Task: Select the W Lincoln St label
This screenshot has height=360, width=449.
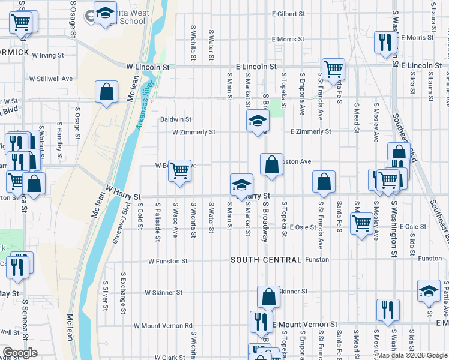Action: [x=148, y=67]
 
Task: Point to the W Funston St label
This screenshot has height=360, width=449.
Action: [x=167, y=262]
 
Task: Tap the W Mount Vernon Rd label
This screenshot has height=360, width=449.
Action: [x=163, y=326]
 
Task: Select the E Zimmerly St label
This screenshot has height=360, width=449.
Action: [x=310, y=131]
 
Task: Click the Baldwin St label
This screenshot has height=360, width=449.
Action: [x=175, y=119]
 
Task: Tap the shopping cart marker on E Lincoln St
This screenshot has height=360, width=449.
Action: [x=333, y=68]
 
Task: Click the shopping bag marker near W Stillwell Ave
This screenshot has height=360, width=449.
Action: [x=106, y=92]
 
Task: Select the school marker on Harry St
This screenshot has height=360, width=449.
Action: [x=242, y=184]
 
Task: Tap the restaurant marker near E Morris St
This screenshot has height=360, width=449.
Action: [x=384, y=41]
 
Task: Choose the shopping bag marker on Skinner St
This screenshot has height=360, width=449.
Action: [x=269, y=296]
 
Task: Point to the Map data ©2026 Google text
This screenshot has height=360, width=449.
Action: [x=411, y=355]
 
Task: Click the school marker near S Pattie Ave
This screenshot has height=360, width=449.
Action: [x=429, y=290]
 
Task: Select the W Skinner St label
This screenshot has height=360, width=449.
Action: [x=163, y=293]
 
